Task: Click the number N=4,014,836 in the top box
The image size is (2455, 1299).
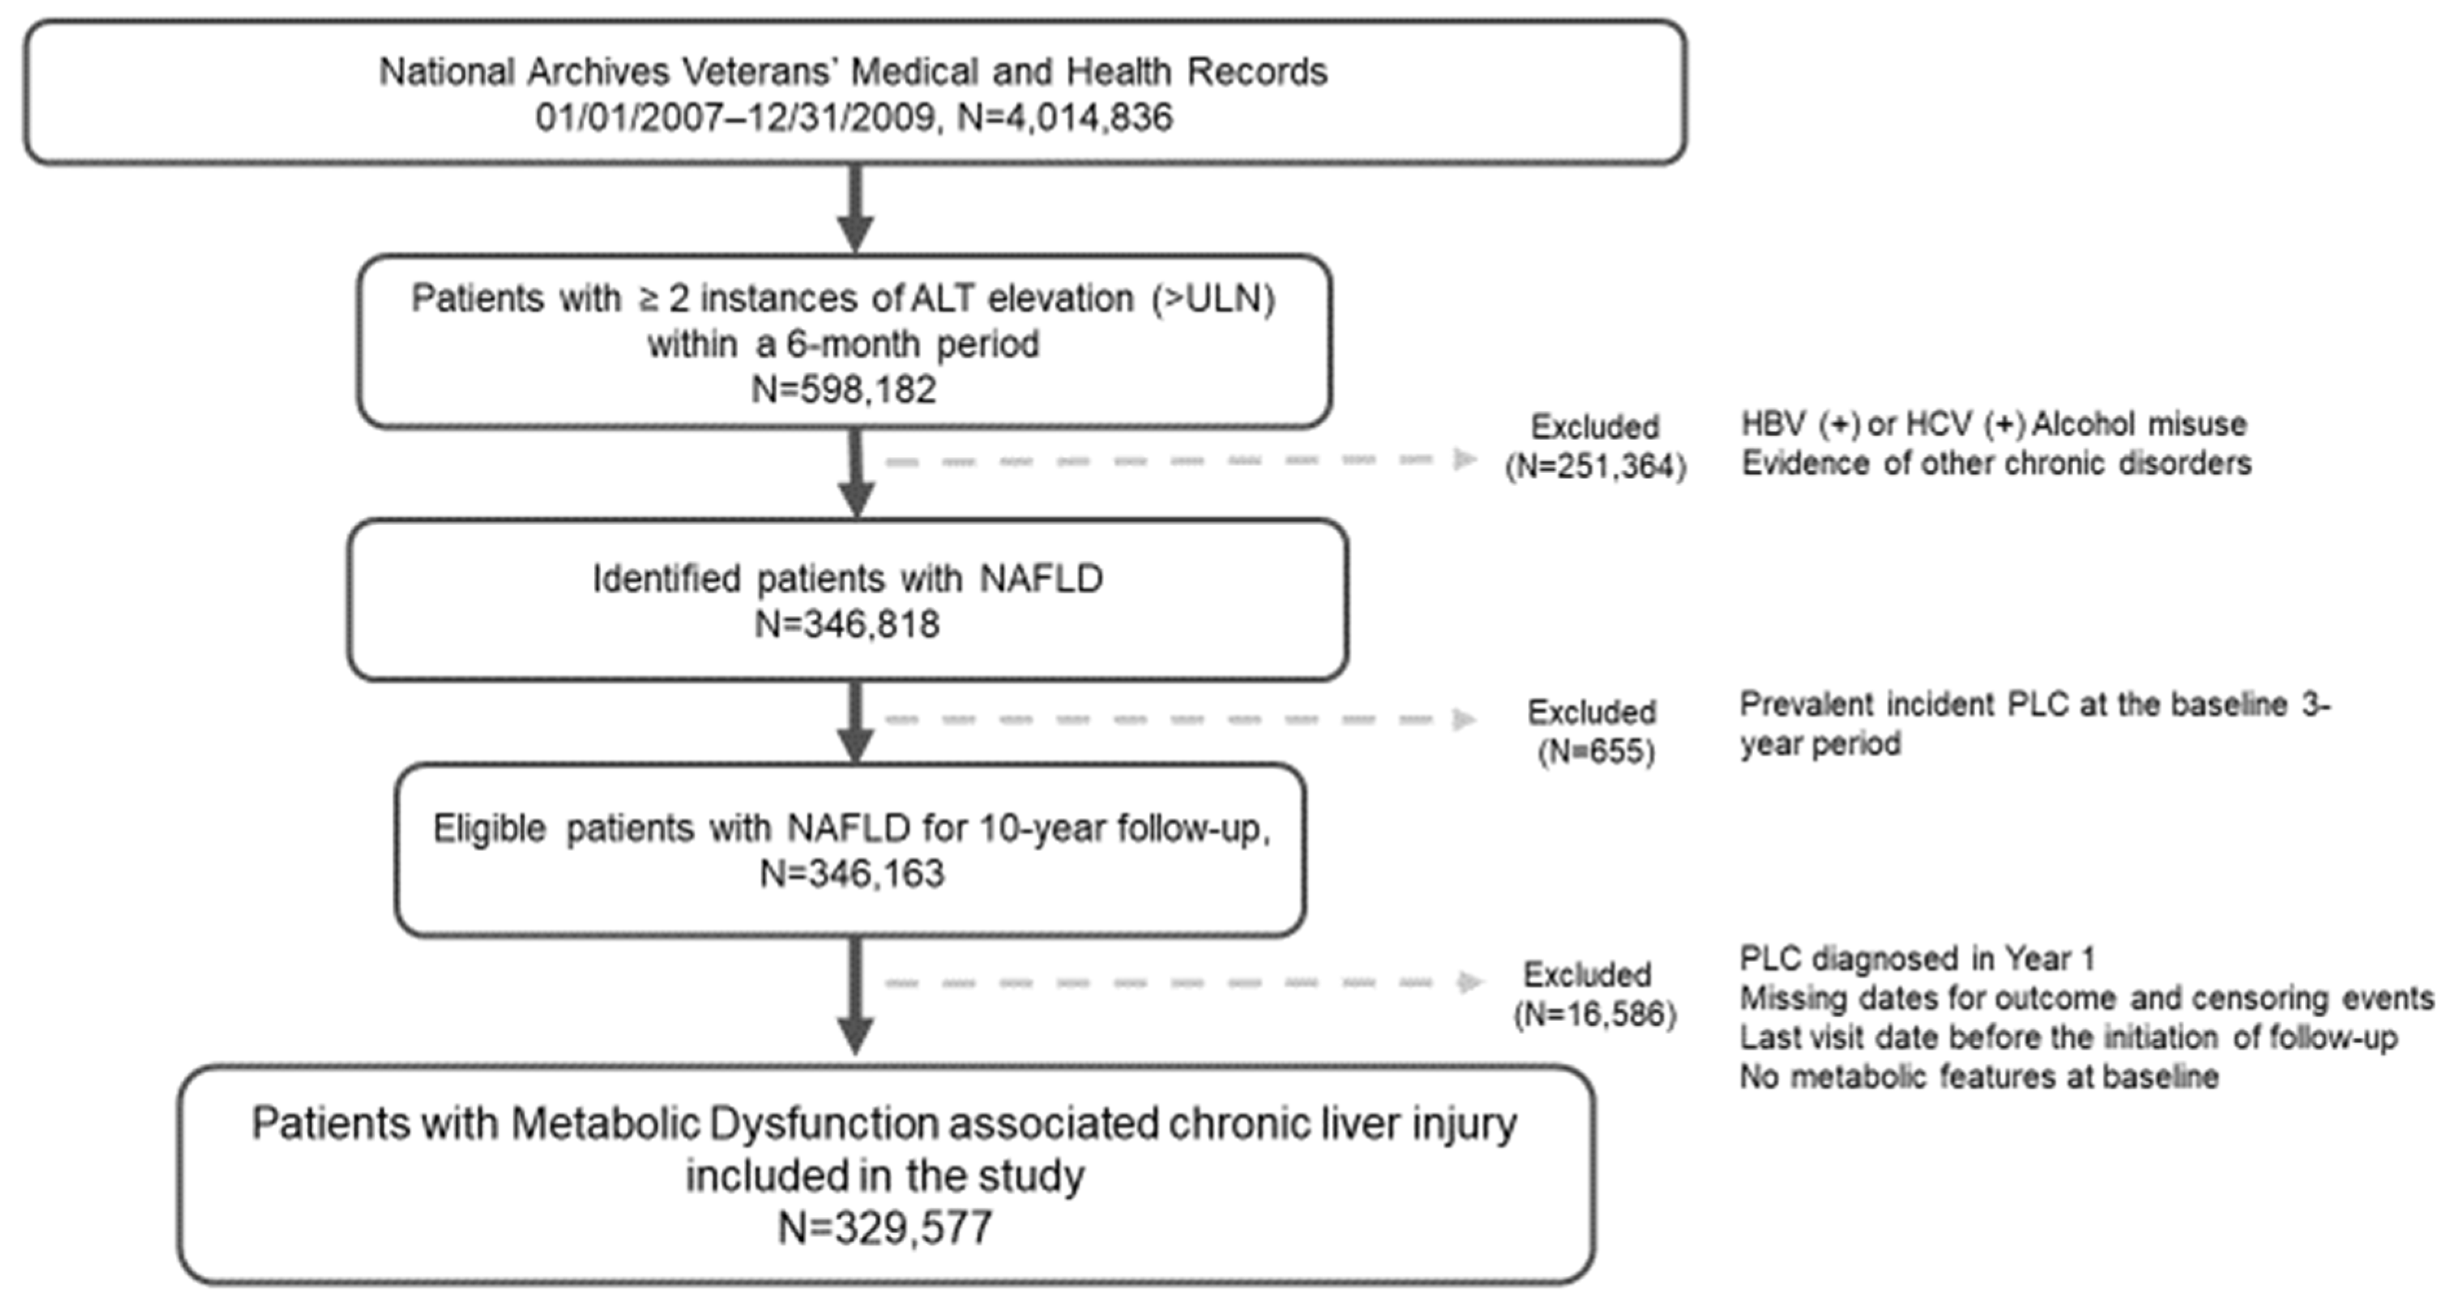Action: tap(1064, 117)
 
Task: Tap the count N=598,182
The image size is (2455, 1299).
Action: tap(844, 389)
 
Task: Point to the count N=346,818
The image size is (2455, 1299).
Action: tap(847, 624)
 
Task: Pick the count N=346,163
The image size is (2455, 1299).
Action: tap(852, 873)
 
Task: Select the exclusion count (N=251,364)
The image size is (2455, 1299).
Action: tap(1595, 466)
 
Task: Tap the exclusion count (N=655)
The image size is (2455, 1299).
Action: tap(1596, 752)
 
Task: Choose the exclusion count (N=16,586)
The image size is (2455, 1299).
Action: tap(1594, 1014)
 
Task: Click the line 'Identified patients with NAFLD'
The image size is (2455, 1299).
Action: tap(847, 578)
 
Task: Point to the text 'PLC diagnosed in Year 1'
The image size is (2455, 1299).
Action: tap(1918, 958)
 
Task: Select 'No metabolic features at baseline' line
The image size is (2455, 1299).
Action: tap(1980, 1076)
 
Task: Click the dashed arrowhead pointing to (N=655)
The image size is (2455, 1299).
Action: tap(1464, 719)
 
